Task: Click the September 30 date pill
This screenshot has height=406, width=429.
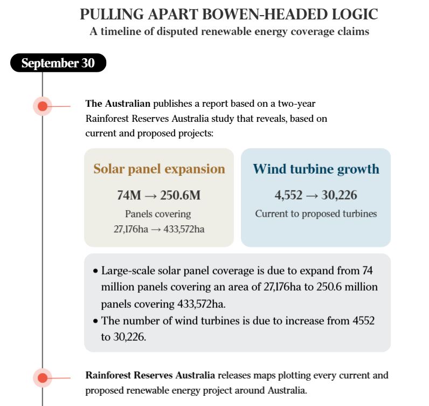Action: [x=58, y=63]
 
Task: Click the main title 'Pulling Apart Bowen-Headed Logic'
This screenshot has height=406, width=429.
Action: [x=229, y=14]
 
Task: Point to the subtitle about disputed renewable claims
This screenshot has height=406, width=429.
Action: [x=229, y=31]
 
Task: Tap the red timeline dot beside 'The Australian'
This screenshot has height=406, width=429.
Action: [x=43, y=106]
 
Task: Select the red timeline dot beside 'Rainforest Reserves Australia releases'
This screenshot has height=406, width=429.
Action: [x=43, y=378]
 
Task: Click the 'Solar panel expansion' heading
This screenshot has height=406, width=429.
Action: [x=159, y=169]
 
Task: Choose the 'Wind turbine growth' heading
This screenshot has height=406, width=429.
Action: [x=316, y=169]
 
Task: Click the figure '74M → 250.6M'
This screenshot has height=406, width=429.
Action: [x=159, y=195]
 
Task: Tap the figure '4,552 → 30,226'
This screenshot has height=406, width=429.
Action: [x=316, y=195]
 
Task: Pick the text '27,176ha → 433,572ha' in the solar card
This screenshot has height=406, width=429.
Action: [x=159, y=229]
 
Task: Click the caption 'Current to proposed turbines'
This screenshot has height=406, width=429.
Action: [x=316, y=214]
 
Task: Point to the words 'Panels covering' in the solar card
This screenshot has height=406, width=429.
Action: [x=158, y=214]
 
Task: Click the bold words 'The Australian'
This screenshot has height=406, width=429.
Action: [x=118, y=103]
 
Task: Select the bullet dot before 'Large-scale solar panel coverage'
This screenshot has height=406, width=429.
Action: [x=95, y=271]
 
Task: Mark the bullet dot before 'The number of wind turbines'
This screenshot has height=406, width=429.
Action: [x=95, y=321]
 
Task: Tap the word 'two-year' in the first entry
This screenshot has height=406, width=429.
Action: [x=297, y=103]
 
